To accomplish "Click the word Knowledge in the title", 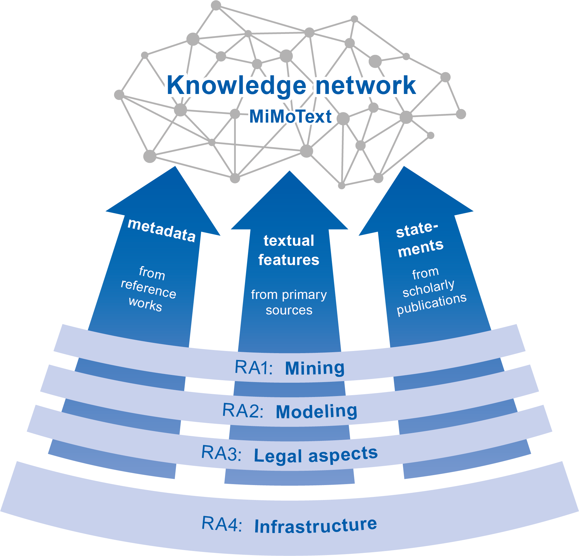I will [236, 86].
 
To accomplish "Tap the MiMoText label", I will [290, 117].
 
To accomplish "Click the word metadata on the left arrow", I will [162, 230].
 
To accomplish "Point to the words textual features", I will [289, 250].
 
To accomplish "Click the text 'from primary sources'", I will [289, 302].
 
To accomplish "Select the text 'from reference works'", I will [148, 289].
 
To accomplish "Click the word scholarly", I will [428, 288].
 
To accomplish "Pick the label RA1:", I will [254, 367].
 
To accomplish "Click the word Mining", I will [315, 368].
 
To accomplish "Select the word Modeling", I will [316, 411].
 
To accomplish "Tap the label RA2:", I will [243, 411].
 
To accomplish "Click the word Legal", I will [278, 456].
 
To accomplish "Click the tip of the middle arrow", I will [289, 172].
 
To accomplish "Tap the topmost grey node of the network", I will [216, 5].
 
